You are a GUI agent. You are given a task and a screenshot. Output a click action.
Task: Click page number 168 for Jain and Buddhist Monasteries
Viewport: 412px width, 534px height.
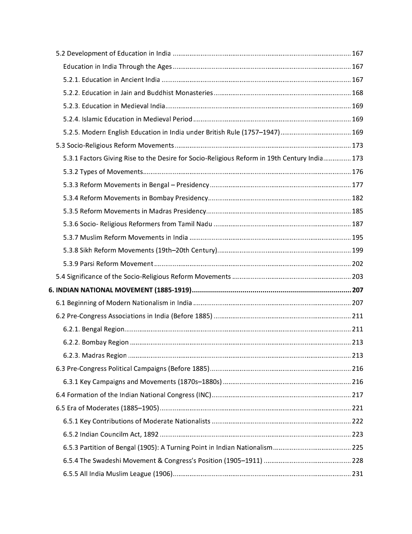(x=357, y=93)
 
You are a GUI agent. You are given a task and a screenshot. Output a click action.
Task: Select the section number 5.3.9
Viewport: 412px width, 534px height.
(x=71, y=264)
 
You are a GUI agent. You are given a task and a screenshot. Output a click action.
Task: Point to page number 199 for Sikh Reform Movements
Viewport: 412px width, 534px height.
(x=357, y=250)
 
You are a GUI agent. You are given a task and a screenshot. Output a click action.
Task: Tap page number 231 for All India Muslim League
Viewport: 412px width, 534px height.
(x=357, y=474)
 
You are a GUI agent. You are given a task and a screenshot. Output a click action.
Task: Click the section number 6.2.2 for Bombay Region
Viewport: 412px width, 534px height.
(x=71, y=342)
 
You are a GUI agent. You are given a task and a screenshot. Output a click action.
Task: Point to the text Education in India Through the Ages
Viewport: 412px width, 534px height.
(x=117, y=66)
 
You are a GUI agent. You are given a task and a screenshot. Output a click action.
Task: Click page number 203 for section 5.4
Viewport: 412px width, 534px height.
(x=357, y=277)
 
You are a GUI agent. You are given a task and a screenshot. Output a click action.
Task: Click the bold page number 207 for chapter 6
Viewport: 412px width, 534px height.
(x=357, y=290)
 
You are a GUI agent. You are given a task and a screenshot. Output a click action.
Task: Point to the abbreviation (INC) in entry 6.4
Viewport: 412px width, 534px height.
(x=203, y=395)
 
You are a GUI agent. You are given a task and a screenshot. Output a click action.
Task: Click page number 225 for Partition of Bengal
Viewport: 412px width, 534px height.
(x=357, y=447)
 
